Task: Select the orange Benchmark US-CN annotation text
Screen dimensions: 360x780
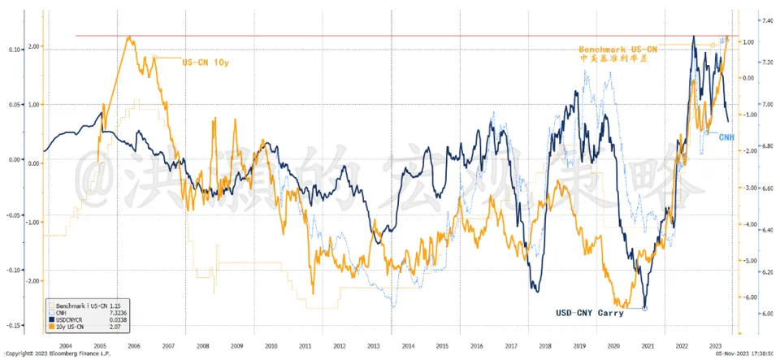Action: pyautogui.click(x=618, y=50)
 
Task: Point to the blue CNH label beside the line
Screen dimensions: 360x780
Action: pyautogui.click(x=726, y=137)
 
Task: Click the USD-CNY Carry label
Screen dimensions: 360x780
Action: pyautogui.click(x=586, y=312)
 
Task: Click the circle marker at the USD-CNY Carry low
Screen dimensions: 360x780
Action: pyautogui.click(x=644, y=308)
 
